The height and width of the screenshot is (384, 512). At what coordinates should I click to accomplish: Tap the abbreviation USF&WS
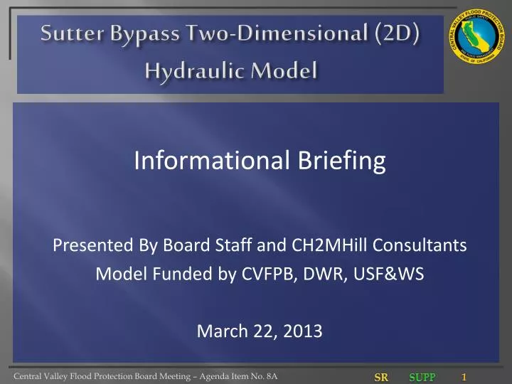pyautogui.click(x=393, y=274)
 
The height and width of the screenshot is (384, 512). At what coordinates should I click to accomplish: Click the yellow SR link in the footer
pyautogui.click(x=381, y=378)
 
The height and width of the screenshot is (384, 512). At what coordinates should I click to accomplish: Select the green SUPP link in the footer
pyautogui.click(x=422, y=378)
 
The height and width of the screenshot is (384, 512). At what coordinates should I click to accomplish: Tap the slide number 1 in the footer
pyautogui.click(x=464, y=377)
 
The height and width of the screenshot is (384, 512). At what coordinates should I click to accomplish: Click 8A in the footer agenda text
pyautogui.click(x=270, y=377)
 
